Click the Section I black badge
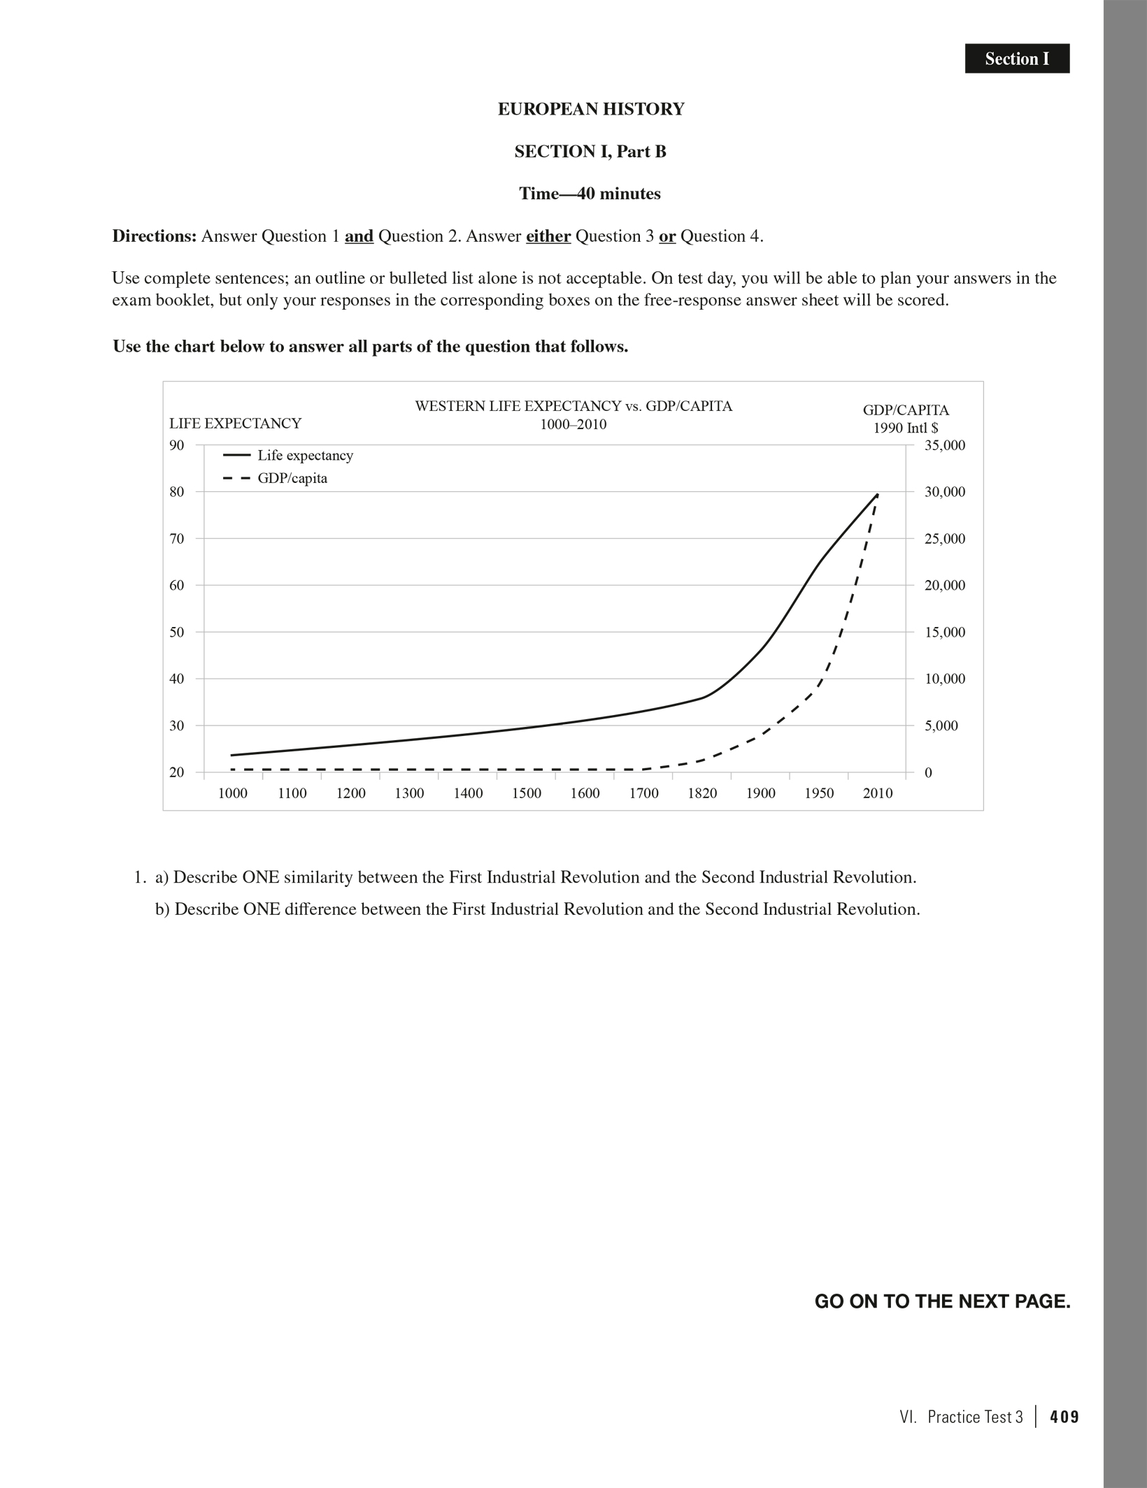[x=1017, y=59]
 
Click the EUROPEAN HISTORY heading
[x=591, y=109]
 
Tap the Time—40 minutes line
[x=590, y=194]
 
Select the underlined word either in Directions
[x=548, y=236]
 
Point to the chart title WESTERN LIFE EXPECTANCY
[x=573, y=406]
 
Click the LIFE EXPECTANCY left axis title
[x=235, y=423]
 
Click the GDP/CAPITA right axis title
[x=906, y=410]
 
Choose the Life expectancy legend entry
[x=305, y=456]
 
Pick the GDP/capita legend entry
[x=292, y=479]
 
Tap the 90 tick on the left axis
[x=177, y=445]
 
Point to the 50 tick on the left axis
[x=177, y=632]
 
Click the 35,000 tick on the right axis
[x=944, y=445]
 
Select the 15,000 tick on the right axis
[x=944, y=632]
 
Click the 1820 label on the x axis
[x=702, y=793]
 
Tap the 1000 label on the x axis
[x=233, y=793]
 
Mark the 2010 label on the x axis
[x=878, y=793]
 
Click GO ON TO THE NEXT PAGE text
[x=942, y=1301]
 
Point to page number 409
[x=1064, y=1417]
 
